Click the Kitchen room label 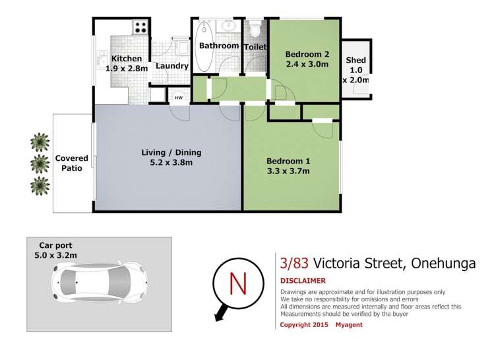point(126,59)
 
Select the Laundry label point(171,66)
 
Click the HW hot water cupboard point(178,98)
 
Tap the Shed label point(356,61)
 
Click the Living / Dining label point(171,153)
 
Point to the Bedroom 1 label point(288,161)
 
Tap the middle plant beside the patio point(40,163)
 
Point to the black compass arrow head point(219,318)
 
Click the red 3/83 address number point(294,263)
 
